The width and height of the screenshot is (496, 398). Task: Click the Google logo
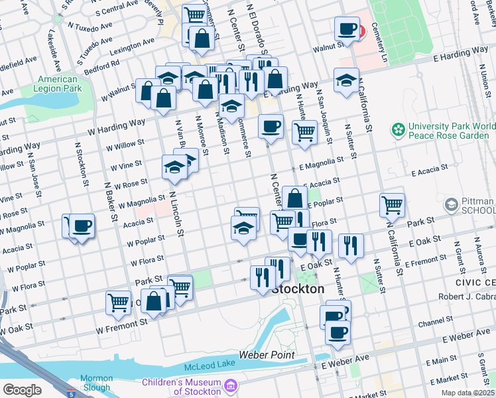pos(22,389)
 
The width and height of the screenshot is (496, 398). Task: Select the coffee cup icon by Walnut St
pos(346,29)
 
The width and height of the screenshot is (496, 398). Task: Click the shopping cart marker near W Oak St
pos(118,302)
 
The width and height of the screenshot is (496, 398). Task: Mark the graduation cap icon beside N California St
pos(346,80)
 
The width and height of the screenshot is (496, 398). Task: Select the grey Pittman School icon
pos(452,204)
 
